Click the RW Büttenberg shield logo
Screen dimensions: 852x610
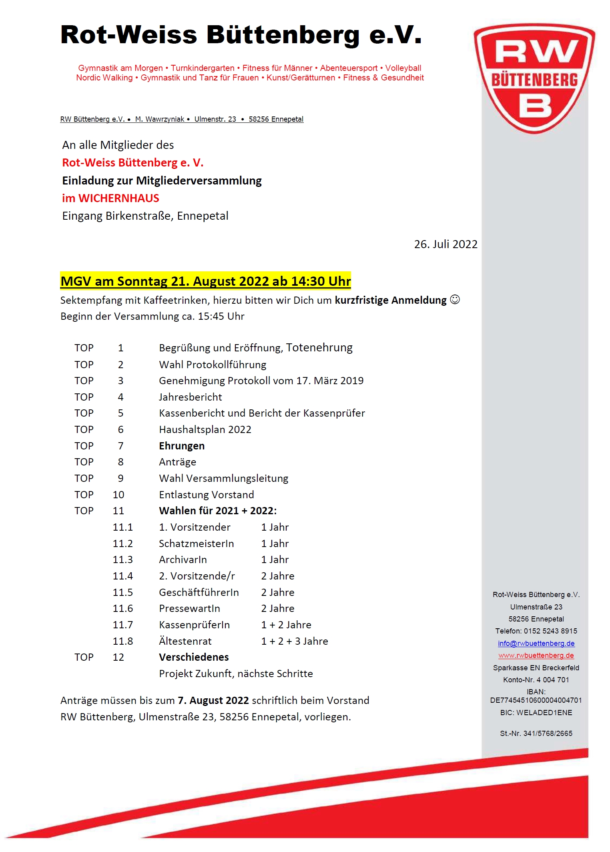pyautogui.click(x=534, y=78)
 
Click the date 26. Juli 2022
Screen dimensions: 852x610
pyautogui.click(x=445, y=244)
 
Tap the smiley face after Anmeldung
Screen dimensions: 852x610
pyautogui.click(x=455, y=299)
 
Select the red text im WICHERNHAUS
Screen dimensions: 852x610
pyautogui.click(x=110, y=198)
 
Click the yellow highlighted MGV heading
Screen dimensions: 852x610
pyautogui.click(x=205, y=281)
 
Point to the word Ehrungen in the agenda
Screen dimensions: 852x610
pyautogui.click(x=182, y=446)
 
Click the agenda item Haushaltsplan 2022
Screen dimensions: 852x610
pyautogui.click(x=205, y=429)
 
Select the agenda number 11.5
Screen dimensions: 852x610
pyautogui.click(x=122, y=592)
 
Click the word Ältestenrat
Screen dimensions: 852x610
pyautogui.click(x=185, y=641)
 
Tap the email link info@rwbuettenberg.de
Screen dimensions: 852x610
pyautogui.click(x=536, y=644)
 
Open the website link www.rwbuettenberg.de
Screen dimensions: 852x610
pyautogui.click(x=536, y=656)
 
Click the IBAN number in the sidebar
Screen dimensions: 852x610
pyautogui.click(x=536, y=700)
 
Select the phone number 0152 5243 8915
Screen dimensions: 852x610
pyautogui.click(x=550, y=631)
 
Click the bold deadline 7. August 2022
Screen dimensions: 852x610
pyautogui.click(x=213, y=700)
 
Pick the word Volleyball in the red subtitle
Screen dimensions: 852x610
pyautogui.click(x=403, y=68)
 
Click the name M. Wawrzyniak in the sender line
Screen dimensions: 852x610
pyautogui.click(x=160, y=119)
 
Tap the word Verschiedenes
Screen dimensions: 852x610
pyautogui.click(x=194, y=657)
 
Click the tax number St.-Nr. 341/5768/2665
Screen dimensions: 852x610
pyautogui.click(x=536, y=733)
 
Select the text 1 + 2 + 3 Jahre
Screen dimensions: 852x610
pyautogui.click(x=295, y=641)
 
